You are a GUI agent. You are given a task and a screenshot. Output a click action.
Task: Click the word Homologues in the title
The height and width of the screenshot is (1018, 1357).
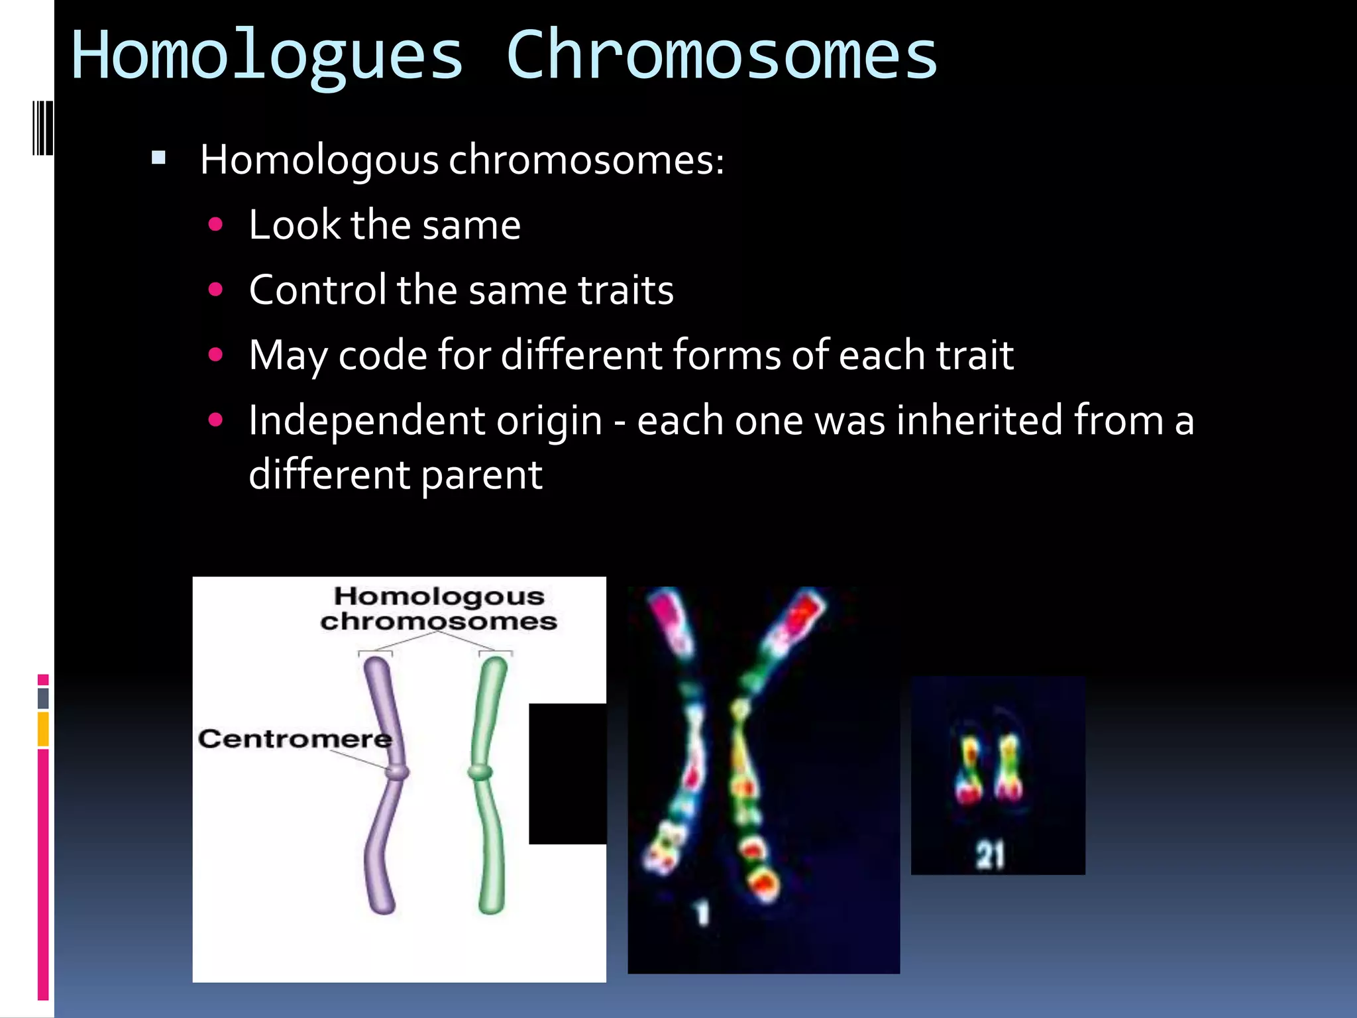266,56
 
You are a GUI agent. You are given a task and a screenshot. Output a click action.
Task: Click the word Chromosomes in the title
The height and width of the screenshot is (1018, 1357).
721,56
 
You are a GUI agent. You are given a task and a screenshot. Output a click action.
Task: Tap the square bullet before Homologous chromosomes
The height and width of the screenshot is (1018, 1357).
158,158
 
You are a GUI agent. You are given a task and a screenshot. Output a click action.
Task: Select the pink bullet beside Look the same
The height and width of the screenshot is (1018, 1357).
215,225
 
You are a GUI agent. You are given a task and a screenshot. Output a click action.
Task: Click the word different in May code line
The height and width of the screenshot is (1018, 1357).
580,355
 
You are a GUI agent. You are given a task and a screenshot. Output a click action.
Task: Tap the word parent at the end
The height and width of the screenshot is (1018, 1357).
481,475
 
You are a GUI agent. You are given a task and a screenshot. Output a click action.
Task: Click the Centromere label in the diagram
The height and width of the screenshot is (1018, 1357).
295,738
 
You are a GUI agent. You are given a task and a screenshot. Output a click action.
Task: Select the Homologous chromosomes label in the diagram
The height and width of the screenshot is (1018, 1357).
439,608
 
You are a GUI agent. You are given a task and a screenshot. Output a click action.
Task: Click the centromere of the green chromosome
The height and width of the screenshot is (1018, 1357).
480,772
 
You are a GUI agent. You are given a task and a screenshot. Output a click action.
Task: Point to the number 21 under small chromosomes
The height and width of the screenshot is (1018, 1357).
990,855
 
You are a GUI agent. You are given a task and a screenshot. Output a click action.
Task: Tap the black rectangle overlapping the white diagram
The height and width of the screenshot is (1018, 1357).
567,773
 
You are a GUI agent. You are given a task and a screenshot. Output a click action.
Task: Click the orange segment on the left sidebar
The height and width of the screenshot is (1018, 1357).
43,729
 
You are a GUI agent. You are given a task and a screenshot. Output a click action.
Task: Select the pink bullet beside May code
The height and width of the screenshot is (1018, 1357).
215,355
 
